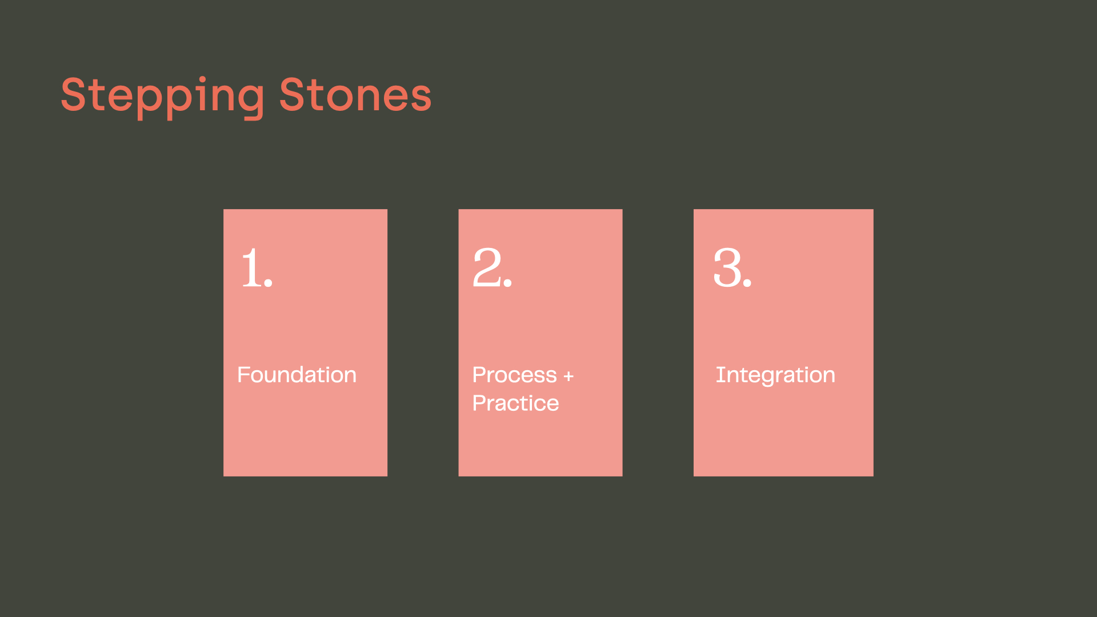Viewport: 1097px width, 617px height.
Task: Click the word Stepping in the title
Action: tap(163, 97)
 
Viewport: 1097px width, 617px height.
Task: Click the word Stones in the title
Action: tap(355, 94)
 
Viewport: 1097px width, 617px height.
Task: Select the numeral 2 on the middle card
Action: tap(487, 267)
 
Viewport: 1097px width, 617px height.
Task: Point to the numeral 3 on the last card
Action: tap(727, 267)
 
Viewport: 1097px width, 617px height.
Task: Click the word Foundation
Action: tap(297, 375)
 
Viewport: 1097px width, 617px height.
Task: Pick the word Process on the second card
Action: tap(515, 375)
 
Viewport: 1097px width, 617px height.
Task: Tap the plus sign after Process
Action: tap(568, 376)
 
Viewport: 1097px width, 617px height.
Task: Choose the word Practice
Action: tap(516, 403)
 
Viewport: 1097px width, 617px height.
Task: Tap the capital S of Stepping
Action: tap(73, 94)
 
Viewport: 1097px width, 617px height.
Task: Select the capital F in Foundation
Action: tap(244, 375)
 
